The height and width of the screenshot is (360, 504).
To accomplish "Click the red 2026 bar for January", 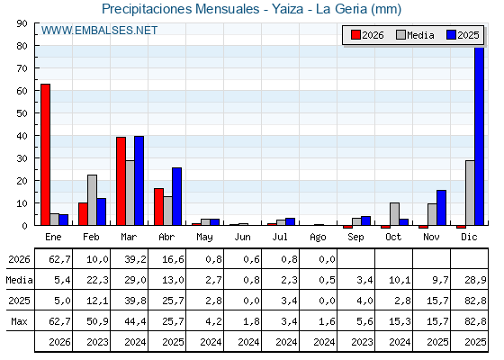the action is [x=45, y=155].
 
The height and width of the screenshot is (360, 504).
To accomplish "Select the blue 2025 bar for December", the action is [x=479, y=136].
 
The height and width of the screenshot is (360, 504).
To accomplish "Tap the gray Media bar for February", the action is [x=92, y=200].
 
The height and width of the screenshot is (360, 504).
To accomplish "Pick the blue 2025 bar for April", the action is [x=176, y=196].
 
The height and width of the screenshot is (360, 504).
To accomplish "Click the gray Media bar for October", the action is [x=395, y=214].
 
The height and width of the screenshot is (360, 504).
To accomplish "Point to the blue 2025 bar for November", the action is [x=441, y=208].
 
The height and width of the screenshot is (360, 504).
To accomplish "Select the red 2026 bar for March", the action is [x=121, y=181].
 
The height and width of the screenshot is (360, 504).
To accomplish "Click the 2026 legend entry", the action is [x=367, y=35].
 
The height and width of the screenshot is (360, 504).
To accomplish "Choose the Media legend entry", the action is [x=415, y=35].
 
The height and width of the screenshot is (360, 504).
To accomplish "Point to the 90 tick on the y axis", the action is [x=22, y=23].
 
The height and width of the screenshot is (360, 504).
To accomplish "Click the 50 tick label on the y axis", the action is [x=22, y=113].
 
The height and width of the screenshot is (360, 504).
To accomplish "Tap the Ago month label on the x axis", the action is [x=318, y=238].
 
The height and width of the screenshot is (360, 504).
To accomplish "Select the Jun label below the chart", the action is [x=242, y=238].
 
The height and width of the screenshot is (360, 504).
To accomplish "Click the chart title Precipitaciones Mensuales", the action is [x=181, y=9].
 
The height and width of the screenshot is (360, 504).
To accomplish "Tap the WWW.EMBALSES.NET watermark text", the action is [x=99, y=31].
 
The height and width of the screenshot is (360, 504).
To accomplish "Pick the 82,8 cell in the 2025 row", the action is [x=475, y=301].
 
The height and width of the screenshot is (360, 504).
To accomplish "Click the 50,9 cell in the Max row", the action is [x=97, y=321].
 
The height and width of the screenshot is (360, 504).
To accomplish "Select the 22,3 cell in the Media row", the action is [x=97, y=280].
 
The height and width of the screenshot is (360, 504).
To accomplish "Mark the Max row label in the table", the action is [x=19, y=321].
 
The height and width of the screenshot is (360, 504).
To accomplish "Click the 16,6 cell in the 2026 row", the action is [x=173, y=259].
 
